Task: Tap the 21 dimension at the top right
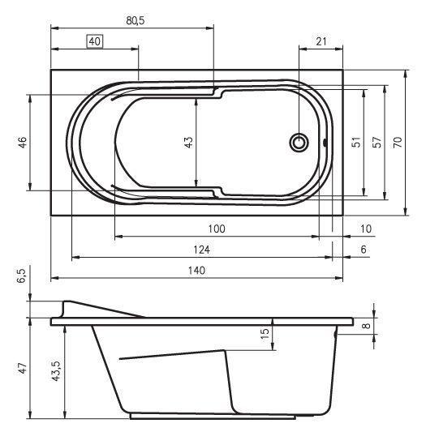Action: (321, 41)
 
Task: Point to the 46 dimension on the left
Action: (23, 143)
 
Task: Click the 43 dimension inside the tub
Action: (189, 143)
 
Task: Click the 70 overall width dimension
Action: (397, 143)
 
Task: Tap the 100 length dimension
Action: (216, 229)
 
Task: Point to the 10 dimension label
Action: (365, 229)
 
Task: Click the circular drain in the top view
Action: (300, 143)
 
